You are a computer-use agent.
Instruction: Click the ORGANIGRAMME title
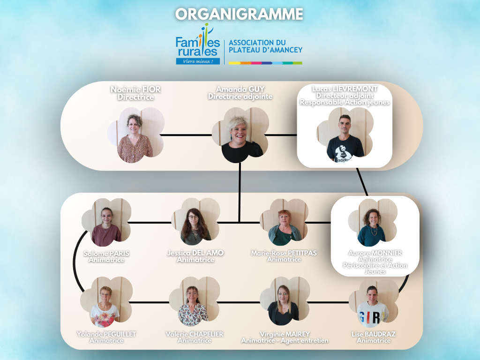[x=240, y=14]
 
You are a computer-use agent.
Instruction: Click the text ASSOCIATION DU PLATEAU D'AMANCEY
[x=265, y=46]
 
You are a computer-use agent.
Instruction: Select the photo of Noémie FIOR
[x=135, y=136]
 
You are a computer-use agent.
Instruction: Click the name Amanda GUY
[x=240, y=89]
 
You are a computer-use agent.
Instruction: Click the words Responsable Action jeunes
[x=345, y=102]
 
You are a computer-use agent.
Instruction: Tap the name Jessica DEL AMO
[x=195, y=253]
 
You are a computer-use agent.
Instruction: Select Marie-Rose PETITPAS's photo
[x=285, y=225]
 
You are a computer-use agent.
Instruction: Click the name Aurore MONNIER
[x=375, y=253]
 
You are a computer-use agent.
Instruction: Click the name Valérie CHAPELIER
[x=195, y=334]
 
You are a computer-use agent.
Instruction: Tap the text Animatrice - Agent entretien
[x=285, y=341]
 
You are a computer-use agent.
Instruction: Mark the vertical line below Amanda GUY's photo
[x=240, y=192]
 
